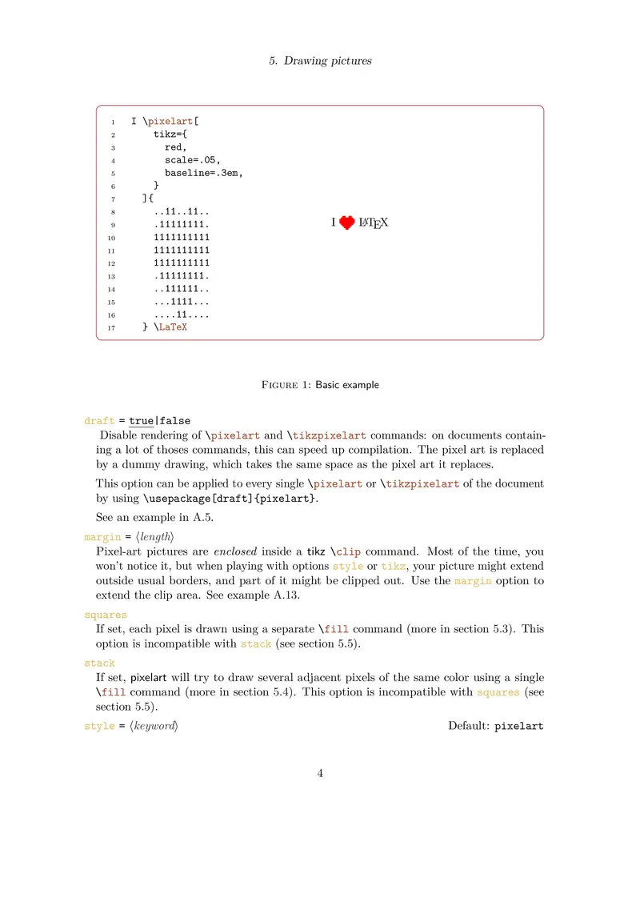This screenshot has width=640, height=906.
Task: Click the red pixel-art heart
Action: (x=346, y=223)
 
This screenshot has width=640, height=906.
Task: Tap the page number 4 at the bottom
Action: (x=320, y=773)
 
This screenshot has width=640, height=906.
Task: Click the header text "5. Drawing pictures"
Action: (x=320, y=61)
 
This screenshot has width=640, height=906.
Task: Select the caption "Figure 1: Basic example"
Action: (x=320, y=385)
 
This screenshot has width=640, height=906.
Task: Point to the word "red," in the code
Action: (x=176, y=146)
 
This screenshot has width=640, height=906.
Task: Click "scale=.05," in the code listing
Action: (x=193, y=159)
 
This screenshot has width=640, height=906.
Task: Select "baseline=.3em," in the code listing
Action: (x=204, y=172)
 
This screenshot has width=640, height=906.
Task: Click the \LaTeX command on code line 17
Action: (x=170, y=327)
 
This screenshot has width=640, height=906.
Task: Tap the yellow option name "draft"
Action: (x=99, y=421)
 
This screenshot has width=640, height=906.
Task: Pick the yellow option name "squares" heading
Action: (x=105, y=615)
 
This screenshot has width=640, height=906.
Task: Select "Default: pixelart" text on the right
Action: (x=495, y=727)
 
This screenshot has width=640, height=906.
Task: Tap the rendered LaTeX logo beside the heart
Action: (x=374, y=223)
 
